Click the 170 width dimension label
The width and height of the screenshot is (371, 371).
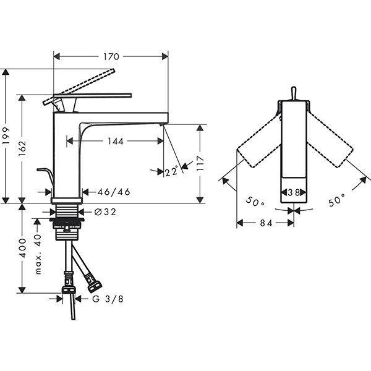click(x=111, y=56)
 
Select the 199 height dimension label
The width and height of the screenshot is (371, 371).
click(x=6, y=136)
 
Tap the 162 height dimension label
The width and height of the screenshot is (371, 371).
click(x=22, y=148)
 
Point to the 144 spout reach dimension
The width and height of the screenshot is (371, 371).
click(x=116, y=141)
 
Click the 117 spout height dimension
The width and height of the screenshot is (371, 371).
click(x=200, y=163)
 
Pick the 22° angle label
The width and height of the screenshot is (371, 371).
click(x=171, y=171)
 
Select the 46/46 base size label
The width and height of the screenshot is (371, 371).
click(x=114, y=192)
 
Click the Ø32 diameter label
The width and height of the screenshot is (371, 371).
click(x=105, y=211)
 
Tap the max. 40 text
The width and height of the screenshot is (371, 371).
click(x=38, y=254)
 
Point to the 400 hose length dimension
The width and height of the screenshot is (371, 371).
click(x=22, y=248)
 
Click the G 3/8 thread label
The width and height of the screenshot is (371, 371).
click(x=108, y=299)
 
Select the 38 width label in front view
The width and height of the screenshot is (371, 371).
click(x=294, y=192)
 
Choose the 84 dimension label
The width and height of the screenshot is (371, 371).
click(x=266, y=223)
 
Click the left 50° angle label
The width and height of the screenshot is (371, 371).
click(x=255, y=202)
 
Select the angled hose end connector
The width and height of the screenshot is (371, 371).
click(x=94, y=283)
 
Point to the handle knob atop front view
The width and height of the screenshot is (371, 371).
click(x=294, y=94)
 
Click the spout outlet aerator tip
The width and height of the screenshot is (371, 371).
click(x=161, y=124)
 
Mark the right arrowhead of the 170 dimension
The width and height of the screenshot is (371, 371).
click(x=165, y=56)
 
